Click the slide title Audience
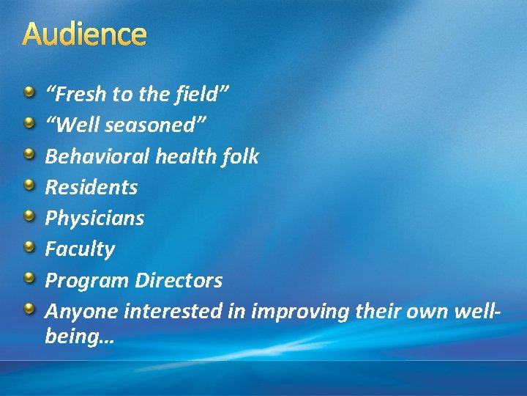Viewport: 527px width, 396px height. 85,34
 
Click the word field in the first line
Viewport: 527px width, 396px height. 200,95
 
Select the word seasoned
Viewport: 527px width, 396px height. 155,125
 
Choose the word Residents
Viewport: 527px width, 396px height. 91,187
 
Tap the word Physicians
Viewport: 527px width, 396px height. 94,218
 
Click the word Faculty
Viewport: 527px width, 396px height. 80,249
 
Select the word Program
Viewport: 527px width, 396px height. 86,280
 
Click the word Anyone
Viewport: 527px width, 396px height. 82,311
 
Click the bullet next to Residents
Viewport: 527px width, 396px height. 29,185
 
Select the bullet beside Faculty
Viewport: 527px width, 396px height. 29,246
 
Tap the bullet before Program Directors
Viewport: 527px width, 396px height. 29,277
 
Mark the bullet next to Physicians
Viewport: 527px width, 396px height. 29,216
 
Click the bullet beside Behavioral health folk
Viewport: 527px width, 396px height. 29,154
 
